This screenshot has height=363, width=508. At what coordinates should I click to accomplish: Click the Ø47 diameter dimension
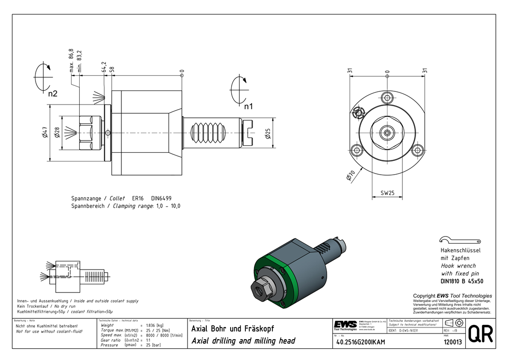click(45, 134)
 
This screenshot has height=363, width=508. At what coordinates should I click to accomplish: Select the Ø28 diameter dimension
click(56, 134)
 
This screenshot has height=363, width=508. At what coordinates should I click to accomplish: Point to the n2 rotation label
click(52, 94)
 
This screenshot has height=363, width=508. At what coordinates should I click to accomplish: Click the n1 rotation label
click(248, 107)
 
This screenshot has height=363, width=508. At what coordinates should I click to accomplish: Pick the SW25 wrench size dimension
click(388, 193)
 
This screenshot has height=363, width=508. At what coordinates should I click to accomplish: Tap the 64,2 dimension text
click(104, 68)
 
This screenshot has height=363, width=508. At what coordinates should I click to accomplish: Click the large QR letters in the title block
click(480, 334)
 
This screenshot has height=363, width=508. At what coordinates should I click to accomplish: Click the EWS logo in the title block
click(345, 324)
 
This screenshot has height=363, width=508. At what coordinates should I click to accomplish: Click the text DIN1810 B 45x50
click(461, 281)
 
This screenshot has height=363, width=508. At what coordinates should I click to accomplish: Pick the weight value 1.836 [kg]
click(154, 325)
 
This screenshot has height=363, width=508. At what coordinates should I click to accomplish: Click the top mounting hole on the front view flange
click(388, 97)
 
